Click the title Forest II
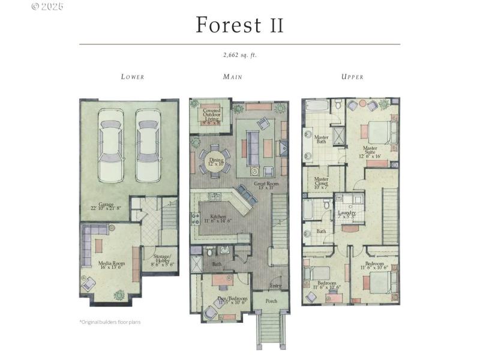[x=239, y=26]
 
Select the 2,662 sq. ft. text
[x=239, y=55]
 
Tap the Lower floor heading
[x=133, y=77]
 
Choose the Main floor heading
[x=232, y=77]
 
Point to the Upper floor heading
[x=352, y=77]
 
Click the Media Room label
[x=112, y=265]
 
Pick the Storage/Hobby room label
[x=160, y=260]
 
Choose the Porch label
[x=271, y=301]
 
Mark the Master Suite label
[x=370, y=151]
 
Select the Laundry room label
[x=346, y=214]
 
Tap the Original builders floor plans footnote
[x=110, y=322]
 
